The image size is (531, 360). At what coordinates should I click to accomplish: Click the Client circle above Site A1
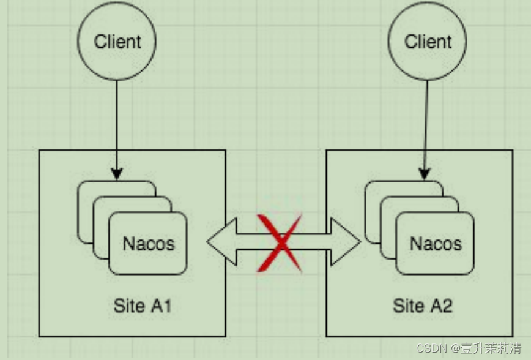117,41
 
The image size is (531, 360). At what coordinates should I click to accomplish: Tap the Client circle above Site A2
428,41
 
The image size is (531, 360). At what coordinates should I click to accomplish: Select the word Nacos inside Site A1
149,243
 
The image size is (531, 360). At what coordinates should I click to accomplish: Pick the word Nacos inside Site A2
436,243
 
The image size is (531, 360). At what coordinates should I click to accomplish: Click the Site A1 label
143,306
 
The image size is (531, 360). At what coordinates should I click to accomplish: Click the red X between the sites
280,242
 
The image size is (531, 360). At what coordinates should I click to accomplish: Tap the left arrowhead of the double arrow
218,242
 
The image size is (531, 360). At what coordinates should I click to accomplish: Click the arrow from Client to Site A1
117,122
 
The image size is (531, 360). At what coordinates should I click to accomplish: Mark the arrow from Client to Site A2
426,122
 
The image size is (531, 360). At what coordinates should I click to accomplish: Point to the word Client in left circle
117,42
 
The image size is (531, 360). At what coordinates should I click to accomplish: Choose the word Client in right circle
428,42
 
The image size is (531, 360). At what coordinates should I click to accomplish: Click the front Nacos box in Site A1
148,257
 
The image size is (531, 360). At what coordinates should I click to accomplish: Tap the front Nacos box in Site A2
435,257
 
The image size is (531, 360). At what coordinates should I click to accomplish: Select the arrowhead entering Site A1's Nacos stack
117,174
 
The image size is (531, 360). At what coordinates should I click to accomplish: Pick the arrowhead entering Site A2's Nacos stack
425,174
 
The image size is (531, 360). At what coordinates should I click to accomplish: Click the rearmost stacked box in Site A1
85,208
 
